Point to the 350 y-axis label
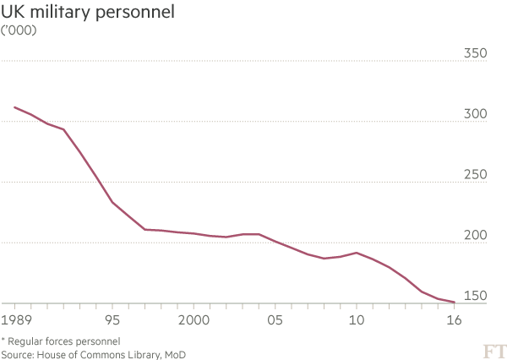(477, 54)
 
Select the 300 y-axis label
(477, 114)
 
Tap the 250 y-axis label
(477, 175)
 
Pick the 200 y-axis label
(477, 235)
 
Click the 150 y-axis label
(477, 295)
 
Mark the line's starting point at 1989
(14, 107)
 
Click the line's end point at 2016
(455, 302)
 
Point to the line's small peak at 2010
(357, 253)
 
